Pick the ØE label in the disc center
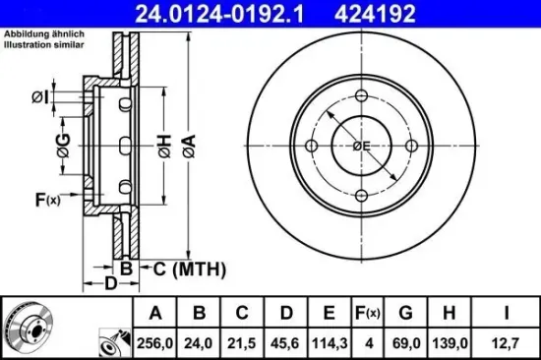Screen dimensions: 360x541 pos(362,147)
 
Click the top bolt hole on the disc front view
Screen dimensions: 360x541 pos(361,97)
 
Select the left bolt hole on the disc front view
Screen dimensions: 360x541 pos(313,147)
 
